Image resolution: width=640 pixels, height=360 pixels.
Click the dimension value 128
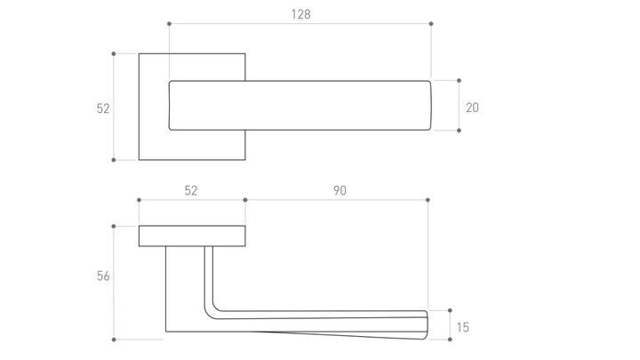(x=300, y=14)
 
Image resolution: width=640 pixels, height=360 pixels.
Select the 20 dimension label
(x=472, y=108)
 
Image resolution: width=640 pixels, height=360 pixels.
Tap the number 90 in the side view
(x=340, y=190)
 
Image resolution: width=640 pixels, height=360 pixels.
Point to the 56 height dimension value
(x=103, y=276)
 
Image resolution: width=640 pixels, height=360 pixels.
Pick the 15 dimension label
(x=463, y=327)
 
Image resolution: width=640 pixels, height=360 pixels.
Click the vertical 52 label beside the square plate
(x=103, y=108)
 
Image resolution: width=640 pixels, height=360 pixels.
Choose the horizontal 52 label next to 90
(x=190, y=190)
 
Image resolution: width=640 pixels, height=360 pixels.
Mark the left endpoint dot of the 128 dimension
(x=170, y=24)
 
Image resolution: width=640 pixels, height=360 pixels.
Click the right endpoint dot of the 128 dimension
(x=431, y=24)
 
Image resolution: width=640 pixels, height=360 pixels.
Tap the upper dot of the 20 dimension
(x=459, y=80)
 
